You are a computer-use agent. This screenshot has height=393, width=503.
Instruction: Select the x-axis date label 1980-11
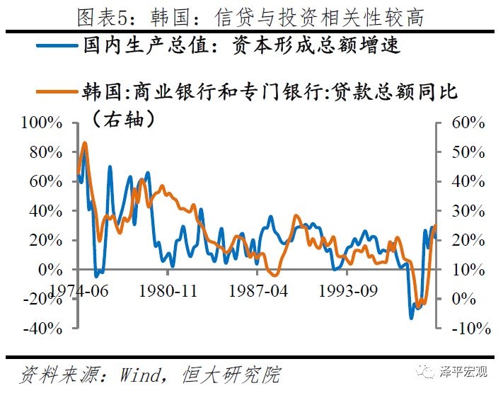pyautogui.click(x=168, y=290)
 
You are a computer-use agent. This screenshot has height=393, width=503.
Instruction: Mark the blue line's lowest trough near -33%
pyautogui.click(x=411, y=318)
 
